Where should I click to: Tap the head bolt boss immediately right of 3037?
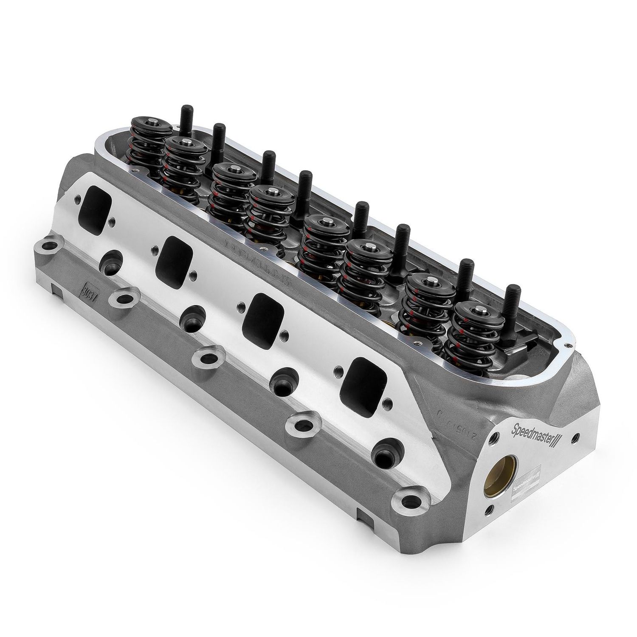point(121,298)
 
